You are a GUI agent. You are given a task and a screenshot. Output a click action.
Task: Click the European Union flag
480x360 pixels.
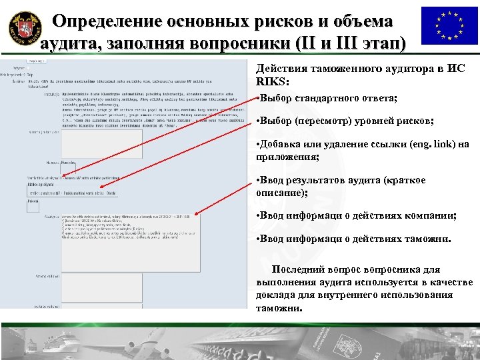[x=449, y=26]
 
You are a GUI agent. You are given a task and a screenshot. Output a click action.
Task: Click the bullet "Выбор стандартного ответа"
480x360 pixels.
[x=327, y=98]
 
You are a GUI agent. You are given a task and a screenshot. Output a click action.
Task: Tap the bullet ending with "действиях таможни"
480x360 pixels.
[x=353, y=238]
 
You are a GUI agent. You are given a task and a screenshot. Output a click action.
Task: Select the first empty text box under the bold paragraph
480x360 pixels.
[x=100, y=143]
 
